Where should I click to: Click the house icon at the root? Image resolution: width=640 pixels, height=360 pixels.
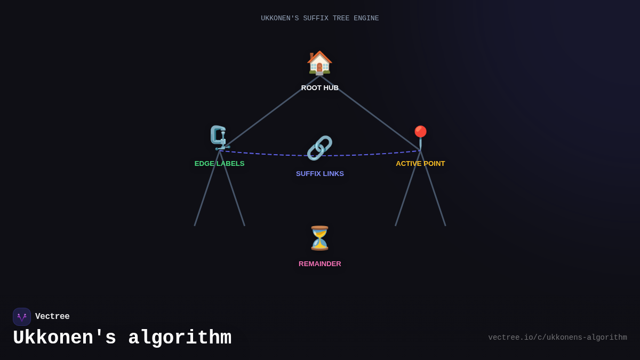(x=319, y=62)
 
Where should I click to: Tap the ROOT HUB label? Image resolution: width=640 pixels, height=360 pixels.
(x=319, y=87)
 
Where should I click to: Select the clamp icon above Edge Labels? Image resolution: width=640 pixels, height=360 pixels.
(x=219, y=138)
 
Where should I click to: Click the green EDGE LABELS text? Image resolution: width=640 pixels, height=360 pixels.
(x=219, y=164)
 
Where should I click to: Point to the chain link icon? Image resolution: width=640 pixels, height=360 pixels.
(x=319, y=148)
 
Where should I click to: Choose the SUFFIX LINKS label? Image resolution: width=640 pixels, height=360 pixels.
(x=319, y=174)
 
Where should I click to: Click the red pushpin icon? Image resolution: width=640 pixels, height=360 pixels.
(x=420, y=137)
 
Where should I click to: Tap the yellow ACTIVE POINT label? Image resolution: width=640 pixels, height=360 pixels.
(x=420, y=164)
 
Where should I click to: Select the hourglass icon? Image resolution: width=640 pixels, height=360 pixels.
(x=319, y=238)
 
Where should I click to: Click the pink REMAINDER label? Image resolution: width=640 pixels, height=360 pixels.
(x=319, y=264)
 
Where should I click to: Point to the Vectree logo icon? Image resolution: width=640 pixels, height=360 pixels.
(x=22, y=317)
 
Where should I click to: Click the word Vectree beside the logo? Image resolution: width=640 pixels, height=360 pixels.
(x=52, y=317)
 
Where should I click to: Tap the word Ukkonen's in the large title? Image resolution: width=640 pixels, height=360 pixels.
(x=65, y=338)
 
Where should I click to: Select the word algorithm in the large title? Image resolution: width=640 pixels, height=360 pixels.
(x=180, y=338)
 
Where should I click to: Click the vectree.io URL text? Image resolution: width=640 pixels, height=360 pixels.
(x=557, y=338)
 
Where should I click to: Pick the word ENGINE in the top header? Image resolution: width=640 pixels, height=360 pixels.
(x=366, y=19)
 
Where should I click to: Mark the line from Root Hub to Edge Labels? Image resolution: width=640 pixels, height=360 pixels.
(x=269, y=113)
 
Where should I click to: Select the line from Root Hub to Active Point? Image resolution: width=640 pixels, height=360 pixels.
(x=370, y=113)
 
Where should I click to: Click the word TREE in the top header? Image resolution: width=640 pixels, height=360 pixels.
(x=341, y=19)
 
